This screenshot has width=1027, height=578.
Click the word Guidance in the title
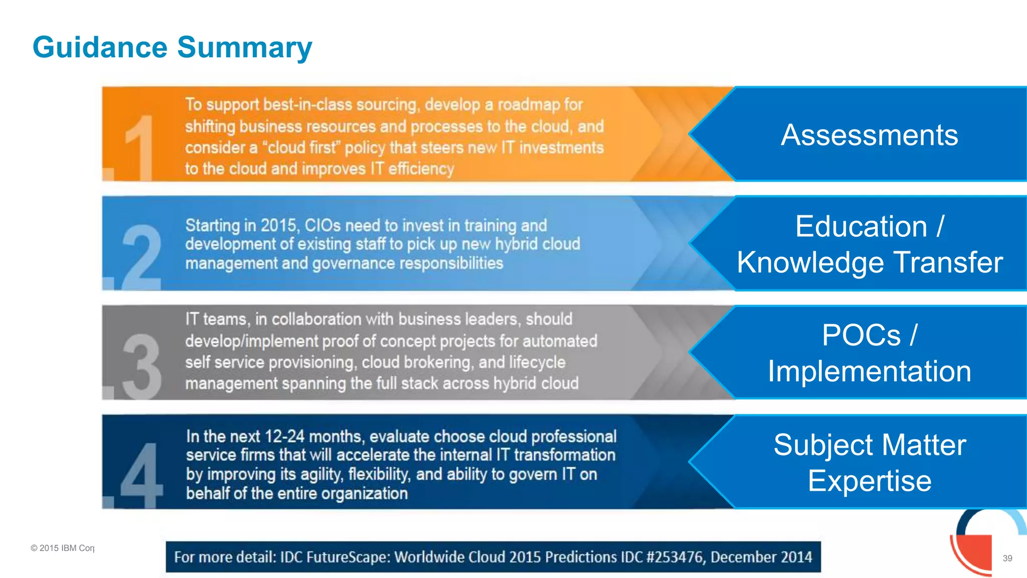[x=100, y=47]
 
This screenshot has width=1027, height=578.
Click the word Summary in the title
[x=245, y=47]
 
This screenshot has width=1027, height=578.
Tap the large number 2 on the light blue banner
[x=142, y=257]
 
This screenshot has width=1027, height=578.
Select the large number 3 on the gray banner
[x=142, y=366]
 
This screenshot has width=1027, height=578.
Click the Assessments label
[x=869, y=135]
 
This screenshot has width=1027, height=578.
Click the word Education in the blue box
[x=861, y=226]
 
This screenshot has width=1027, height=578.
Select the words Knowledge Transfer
[x=870, y=262]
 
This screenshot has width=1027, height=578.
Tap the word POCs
[x=861, y=335]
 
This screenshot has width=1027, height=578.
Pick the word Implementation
[x=870, y=371]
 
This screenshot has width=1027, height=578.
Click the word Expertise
[x=870, y=481]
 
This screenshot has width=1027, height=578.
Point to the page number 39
[x=1007, y=558]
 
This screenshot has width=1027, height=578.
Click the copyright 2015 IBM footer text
[x=62, y=548]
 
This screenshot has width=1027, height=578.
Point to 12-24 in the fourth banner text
[x=284, y=436]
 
